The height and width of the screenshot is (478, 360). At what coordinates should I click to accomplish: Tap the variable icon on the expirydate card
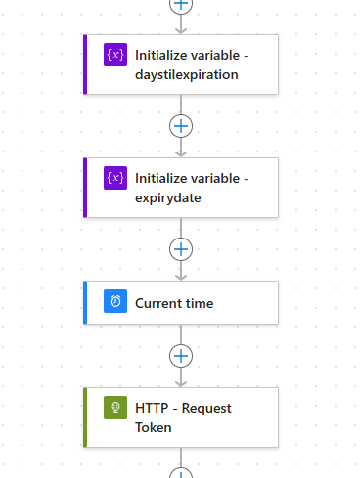[x=115, y=178]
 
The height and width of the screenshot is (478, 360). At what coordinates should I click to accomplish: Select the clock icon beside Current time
[x=115, y=302]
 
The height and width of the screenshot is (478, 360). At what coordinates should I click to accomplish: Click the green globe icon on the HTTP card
[x=115, y=408]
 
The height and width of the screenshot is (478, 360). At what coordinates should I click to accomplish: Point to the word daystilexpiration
[x=186, y=74]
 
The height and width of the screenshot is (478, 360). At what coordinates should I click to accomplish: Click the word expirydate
[x=167, y=197]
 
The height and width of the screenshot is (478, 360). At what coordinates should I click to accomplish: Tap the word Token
[x=154, y=427]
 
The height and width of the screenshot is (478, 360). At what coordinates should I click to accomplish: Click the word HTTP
[x=151, y=408]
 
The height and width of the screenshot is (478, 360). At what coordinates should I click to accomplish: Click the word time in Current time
[x=202, y=303]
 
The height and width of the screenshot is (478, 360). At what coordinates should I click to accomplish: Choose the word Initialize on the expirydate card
[x=163, y=178]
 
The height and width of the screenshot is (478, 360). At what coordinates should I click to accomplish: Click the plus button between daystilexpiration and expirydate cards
[x=181, y=125]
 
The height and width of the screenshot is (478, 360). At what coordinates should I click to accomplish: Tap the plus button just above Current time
[x=181, y=248]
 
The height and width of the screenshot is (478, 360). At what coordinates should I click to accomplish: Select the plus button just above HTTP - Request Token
[x=181, y=355]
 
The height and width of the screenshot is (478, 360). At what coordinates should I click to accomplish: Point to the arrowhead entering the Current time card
[x=181, y=277]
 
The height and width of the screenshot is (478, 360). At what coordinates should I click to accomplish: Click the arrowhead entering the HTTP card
[x=181, y=382]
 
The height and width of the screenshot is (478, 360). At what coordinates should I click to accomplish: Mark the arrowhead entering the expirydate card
[x=181, y=152]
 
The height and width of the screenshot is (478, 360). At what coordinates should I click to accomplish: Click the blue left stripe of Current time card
[x=86, y=303]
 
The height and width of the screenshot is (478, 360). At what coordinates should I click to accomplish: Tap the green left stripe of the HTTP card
[x=86, y=417]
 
